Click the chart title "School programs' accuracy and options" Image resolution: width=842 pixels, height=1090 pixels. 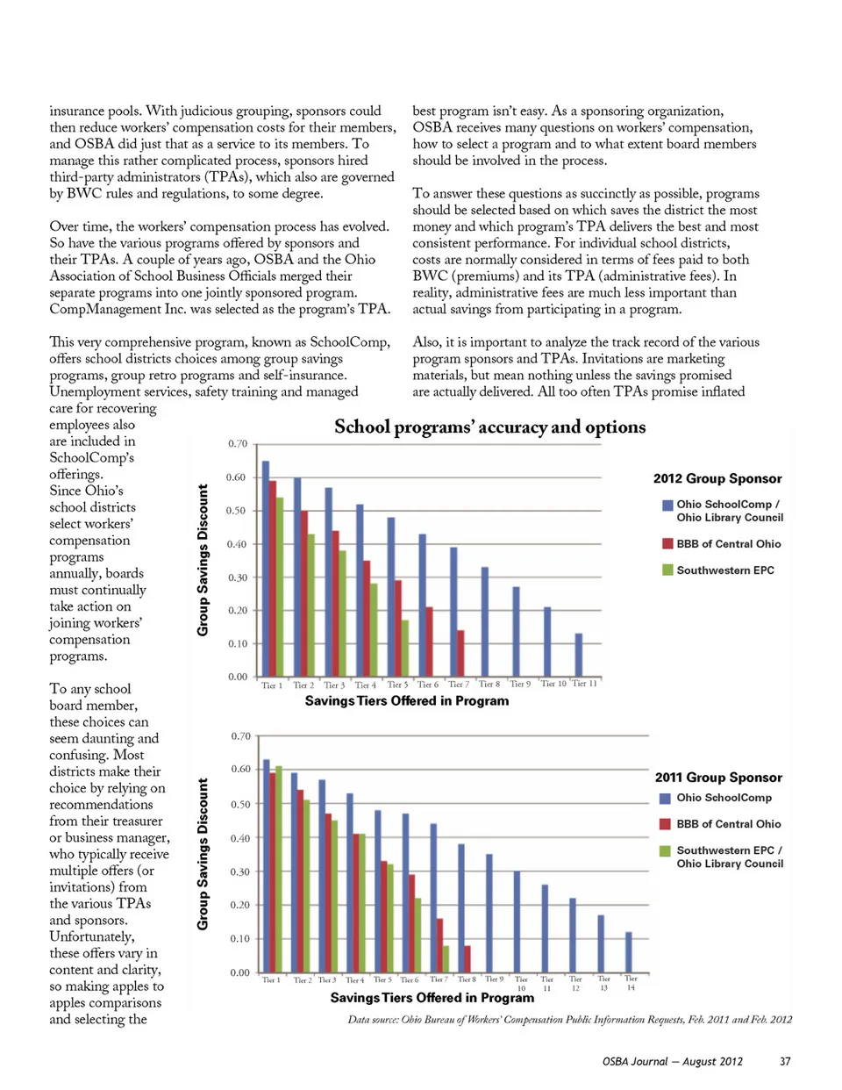[x=489, y=427]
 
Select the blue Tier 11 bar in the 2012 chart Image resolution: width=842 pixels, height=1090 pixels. [x=578, y=655]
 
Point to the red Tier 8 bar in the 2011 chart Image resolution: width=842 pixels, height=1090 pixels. [x=467, y=959]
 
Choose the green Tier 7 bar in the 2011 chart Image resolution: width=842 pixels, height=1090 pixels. [x=446, y=959]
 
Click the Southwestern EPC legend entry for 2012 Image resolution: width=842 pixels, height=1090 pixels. [x=724, y=570]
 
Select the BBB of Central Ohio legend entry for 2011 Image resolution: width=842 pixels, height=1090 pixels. [x=728, y=824]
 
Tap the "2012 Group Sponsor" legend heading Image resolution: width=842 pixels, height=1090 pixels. [x=717, y=478]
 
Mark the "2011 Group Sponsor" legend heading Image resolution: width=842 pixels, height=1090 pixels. [x=718, y=778]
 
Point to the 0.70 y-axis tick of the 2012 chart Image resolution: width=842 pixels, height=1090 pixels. [x=238, y=444]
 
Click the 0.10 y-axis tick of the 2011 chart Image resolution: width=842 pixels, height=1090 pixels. [x=239, y=939]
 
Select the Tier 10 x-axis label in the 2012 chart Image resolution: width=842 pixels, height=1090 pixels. [x=553, y=684]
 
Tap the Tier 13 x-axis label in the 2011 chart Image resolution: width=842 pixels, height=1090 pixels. [x=603, y=983]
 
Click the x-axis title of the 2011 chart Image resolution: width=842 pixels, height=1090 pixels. [x=432, y=998]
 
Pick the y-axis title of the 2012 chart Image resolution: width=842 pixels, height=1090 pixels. [x=203, y=560]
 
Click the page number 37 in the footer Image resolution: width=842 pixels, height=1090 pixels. [x=785, y=1062]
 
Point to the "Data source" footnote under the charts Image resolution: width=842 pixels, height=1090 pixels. [x=569, y=1020]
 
